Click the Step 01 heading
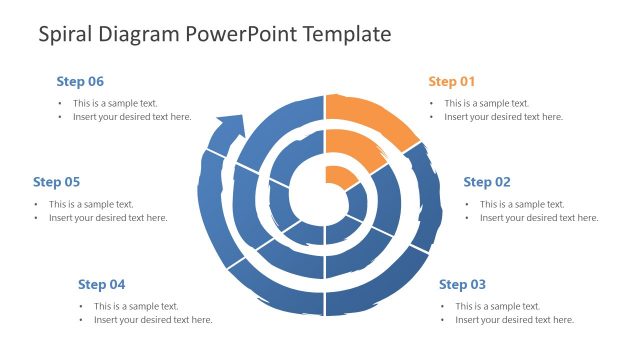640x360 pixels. coord(452,81)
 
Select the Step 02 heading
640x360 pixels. coord(487,182)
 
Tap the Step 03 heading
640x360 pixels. coord(463,284)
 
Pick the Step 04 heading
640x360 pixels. coord(101,284)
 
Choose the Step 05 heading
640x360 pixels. coord(56,182)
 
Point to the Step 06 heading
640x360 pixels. coord(80,81)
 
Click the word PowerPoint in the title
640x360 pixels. coord(236,34)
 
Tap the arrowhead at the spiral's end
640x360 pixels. coord(230,127)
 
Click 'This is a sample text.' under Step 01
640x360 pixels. coord(487,103)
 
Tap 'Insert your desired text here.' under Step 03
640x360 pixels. coord(514,320)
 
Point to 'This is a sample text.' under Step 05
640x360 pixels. coord(91,204)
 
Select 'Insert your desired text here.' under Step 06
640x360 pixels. coord(131,117)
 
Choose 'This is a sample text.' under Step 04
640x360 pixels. coord(136,306)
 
